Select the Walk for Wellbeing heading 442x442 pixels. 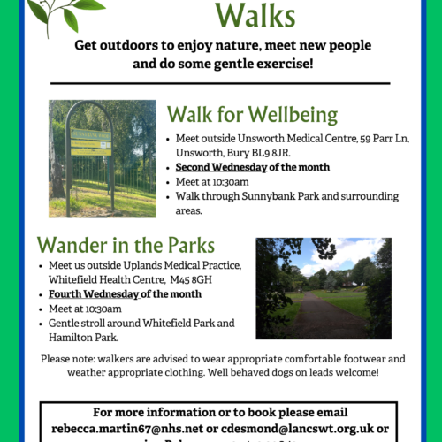pos(252,115)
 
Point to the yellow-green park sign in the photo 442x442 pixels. pos(91,144)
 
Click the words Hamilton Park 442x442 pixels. pos(85,337)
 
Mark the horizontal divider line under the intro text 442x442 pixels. pos(220,83)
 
